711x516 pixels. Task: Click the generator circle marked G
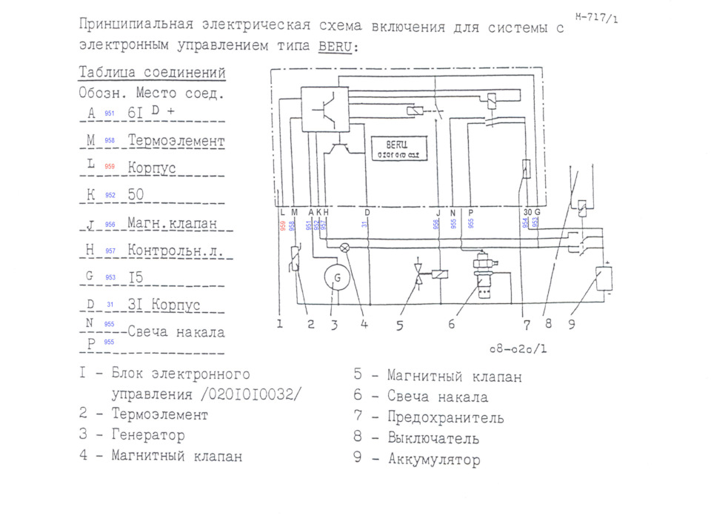click(337, 278)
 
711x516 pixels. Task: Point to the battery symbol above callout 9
click(603, 279)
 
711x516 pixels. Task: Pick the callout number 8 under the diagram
click(550, 324)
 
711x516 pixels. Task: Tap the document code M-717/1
click(596, 17)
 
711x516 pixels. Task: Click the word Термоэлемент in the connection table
click(176, 140)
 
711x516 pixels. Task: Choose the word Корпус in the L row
click(152, 168)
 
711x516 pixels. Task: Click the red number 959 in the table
click(110, 167)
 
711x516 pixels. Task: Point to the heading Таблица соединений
click(152, 73)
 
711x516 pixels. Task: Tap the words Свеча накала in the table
click(176, 331)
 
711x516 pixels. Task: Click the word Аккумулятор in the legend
click(435, 460)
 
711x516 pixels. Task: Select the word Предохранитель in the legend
click(446, 418)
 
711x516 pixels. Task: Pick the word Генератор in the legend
click(148, 435)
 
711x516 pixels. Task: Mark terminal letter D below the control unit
click(367, 212)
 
